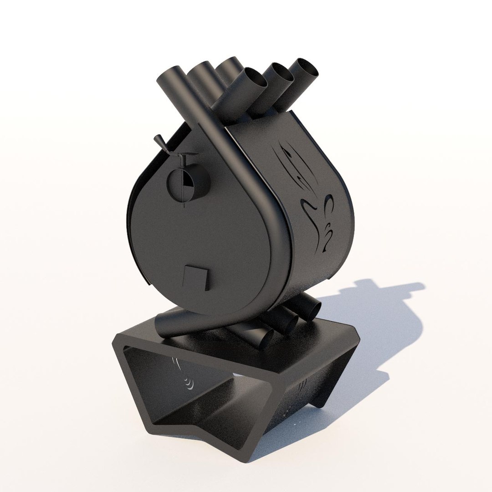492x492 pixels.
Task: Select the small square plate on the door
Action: point(196,277)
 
